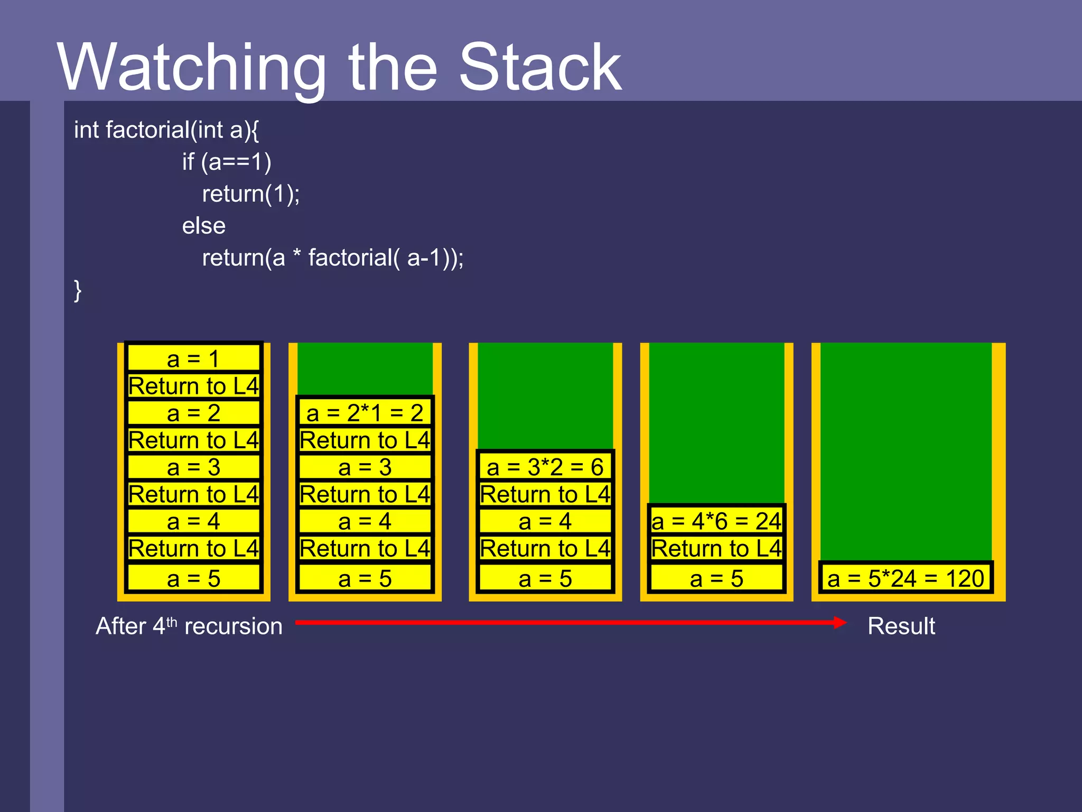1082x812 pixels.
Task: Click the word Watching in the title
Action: [x=191, y=68]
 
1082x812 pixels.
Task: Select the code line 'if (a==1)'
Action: [x=227, y=162]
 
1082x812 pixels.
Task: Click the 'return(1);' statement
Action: [x=251, y=194]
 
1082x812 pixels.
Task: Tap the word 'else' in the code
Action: [x=204, y=226]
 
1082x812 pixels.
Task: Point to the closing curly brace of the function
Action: [x=78, y=290]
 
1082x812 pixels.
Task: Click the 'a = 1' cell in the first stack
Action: [x=193, y=359]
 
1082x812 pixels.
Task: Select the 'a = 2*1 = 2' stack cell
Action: [x=365, y=413]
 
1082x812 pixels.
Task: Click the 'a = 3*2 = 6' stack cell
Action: [x=545, y=467]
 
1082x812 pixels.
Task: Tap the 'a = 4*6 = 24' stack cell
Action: [x=716, y=521]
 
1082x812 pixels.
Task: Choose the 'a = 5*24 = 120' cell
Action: [x=906, y=578]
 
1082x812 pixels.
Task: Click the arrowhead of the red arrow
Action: [x=840, y=623]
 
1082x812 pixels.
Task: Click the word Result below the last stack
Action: [x=901, y=626]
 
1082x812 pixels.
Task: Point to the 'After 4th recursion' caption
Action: [x=189, y=626]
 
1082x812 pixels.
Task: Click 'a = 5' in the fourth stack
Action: [x=716, y=578]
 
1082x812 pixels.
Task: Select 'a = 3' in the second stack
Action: [x=365, y=467]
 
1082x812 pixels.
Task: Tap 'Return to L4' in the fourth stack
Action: [x=716, y=549]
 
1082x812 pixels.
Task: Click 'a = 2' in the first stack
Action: [x=193, y=413]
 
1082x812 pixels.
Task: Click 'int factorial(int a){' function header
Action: [x=166, y=130]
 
